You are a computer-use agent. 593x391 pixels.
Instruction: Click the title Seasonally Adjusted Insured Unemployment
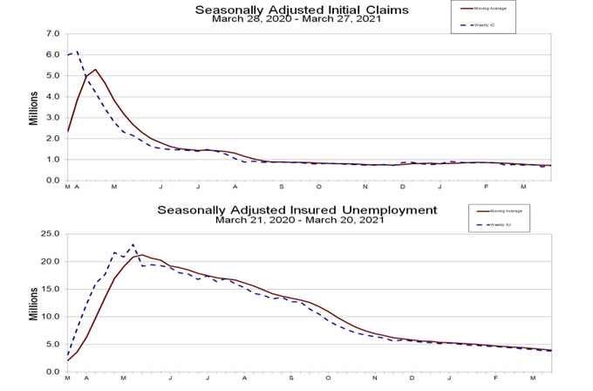tap(296, 210)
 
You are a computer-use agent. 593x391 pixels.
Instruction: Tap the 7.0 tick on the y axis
tap(52, 34)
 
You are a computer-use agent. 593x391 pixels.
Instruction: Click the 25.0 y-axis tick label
tap(51, 234)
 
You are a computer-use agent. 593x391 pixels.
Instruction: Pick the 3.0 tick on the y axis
tap(52, 118)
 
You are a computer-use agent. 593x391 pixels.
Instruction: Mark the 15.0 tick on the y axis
tap(51, 288)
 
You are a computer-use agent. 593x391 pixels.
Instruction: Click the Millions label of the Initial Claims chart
tap(34, 106)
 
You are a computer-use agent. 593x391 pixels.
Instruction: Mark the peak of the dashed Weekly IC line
tap(77, 51)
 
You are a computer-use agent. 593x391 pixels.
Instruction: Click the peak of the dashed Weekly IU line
tap(133, 244)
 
